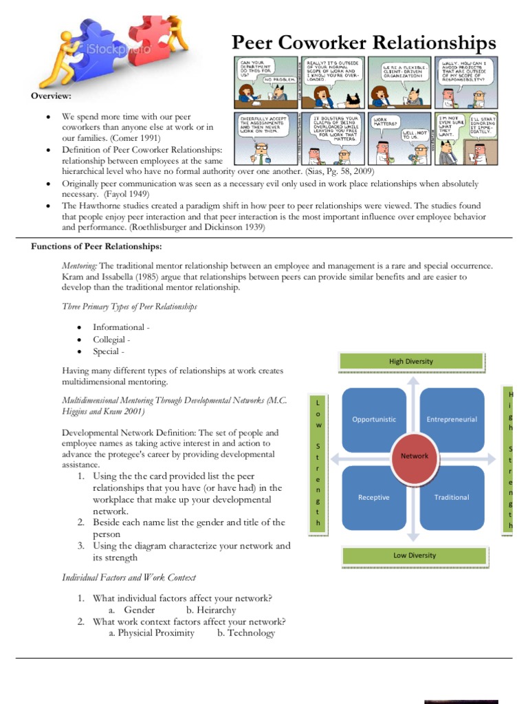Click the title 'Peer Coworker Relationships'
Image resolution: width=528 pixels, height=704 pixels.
click(364, 43)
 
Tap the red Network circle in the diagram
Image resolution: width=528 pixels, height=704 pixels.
click(414, 456)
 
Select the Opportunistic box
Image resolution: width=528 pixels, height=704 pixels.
click(374, 419)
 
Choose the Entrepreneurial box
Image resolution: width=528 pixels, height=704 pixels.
click(452, 419)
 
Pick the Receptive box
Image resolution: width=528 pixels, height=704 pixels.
click(374, 497)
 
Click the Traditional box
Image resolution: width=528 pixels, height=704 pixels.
click(452, 497)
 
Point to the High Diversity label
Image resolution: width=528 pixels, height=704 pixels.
click(411, 362)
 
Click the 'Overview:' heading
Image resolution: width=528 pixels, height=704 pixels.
click(51, 96)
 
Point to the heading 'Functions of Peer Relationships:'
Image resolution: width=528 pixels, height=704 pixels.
click(96, 247)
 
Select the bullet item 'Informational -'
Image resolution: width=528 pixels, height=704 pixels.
click(121, 327)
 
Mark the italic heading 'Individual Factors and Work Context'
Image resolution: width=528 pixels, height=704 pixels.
click(129, 577)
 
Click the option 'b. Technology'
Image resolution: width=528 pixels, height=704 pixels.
click(245, 633)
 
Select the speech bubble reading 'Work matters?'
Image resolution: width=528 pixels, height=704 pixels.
click(384, 122)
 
